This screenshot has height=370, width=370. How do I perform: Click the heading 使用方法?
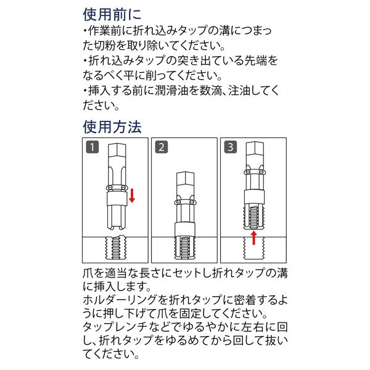(112, 127)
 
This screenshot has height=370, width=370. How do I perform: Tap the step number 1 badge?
(91, 147)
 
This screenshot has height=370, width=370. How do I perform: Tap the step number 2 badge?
(162, 147)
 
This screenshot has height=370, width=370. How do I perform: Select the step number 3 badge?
(231, 147)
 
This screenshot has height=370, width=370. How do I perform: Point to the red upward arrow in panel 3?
(254, 237)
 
